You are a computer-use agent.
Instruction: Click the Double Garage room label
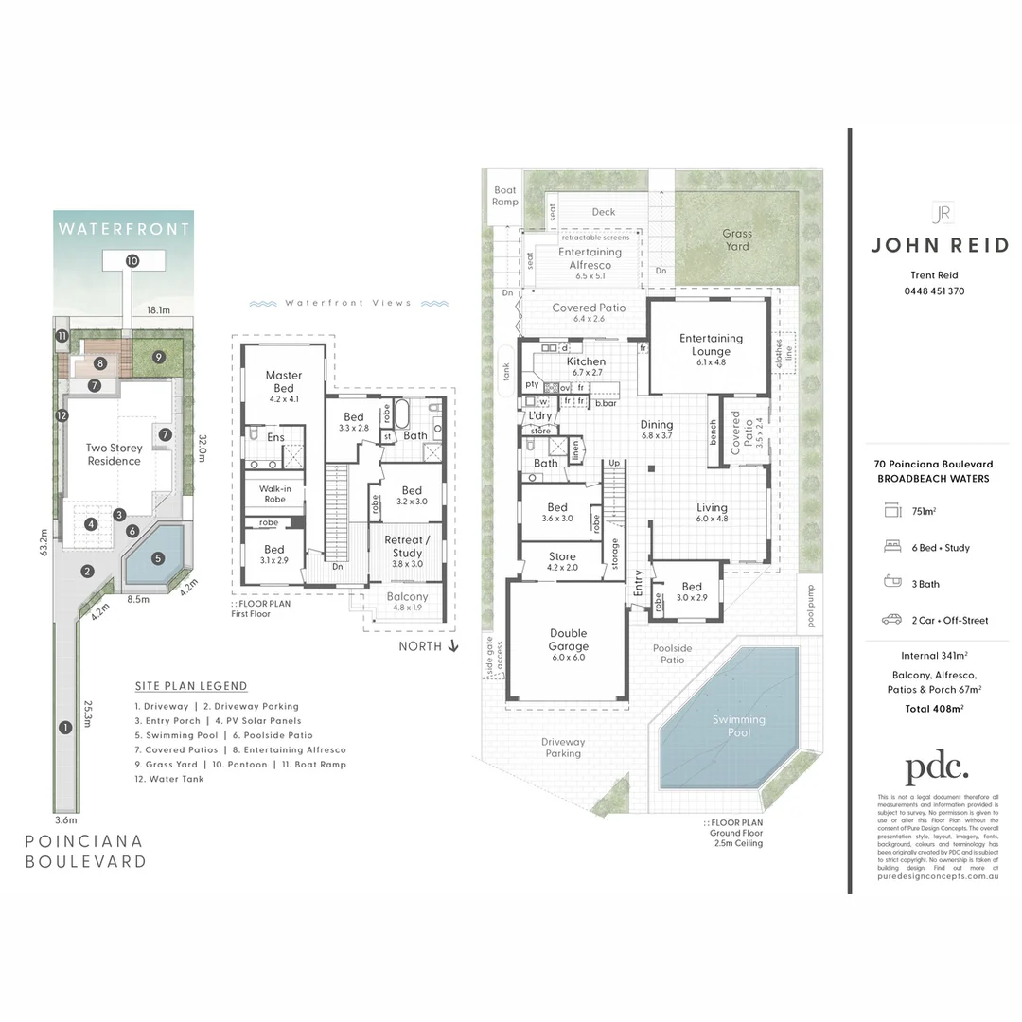coord(568,640)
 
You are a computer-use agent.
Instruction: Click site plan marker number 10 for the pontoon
coord(132,260)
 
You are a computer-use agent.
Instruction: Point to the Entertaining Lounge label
coord(711,344)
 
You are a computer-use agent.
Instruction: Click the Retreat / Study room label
coord(408,546)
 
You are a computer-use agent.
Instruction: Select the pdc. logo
coord(937,766)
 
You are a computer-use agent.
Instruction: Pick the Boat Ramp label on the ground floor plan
coord(505,196)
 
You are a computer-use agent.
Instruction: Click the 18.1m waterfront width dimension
coord(158,309)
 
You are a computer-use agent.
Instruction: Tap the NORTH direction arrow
coord(453,646)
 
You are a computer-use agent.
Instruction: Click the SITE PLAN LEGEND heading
coord(191,686)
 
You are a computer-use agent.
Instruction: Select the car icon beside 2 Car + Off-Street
coord(891,620)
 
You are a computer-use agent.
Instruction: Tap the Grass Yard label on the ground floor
coord(737,239)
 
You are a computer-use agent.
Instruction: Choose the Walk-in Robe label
coord(273,493)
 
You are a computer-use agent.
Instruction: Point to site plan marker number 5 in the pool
coord(157,558)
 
